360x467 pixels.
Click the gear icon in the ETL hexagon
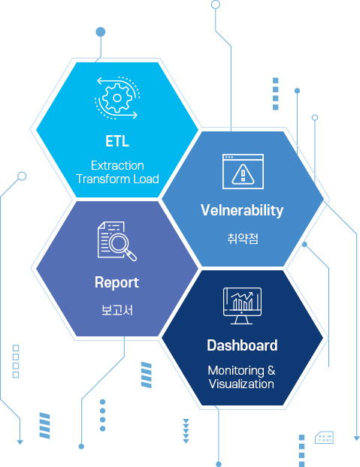click(x=117, y=98)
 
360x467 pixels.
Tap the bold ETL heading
click(x=117, y=141)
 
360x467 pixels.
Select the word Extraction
click(x=117, y=166)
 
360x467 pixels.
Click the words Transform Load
click(x=117, y=179)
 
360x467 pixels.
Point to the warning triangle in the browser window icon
click(x=244, y=174)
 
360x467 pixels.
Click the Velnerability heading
click(x=242, y=210)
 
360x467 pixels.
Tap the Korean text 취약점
click(x=243, y=239)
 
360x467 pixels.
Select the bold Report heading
click(x=116, y=282)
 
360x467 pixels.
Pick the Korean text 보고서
click(x=117, y=310)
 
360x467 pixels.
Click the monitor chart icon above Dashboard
click(x=242, y=306)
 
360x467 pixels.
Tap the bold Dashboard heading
click(x=242, y=345)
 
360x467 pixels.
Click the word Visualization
click(x=241, y=384)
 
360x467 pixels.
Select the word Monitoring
click(x=236, y=371)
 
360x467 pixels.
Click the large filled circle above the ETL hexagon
click(x=101, y=32)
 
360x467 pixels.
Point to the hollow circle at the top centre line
click(x=216, y=5)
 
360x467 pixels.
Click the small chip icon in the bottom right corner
click(x=324, y=437)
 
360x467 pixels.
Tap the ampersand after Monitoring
click(x=271, y=370)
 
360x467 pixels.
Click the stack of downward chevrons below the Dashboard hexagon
click(x=186, y=431)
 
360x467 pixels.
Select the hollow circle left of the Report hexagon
click(x=22, y=176)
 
